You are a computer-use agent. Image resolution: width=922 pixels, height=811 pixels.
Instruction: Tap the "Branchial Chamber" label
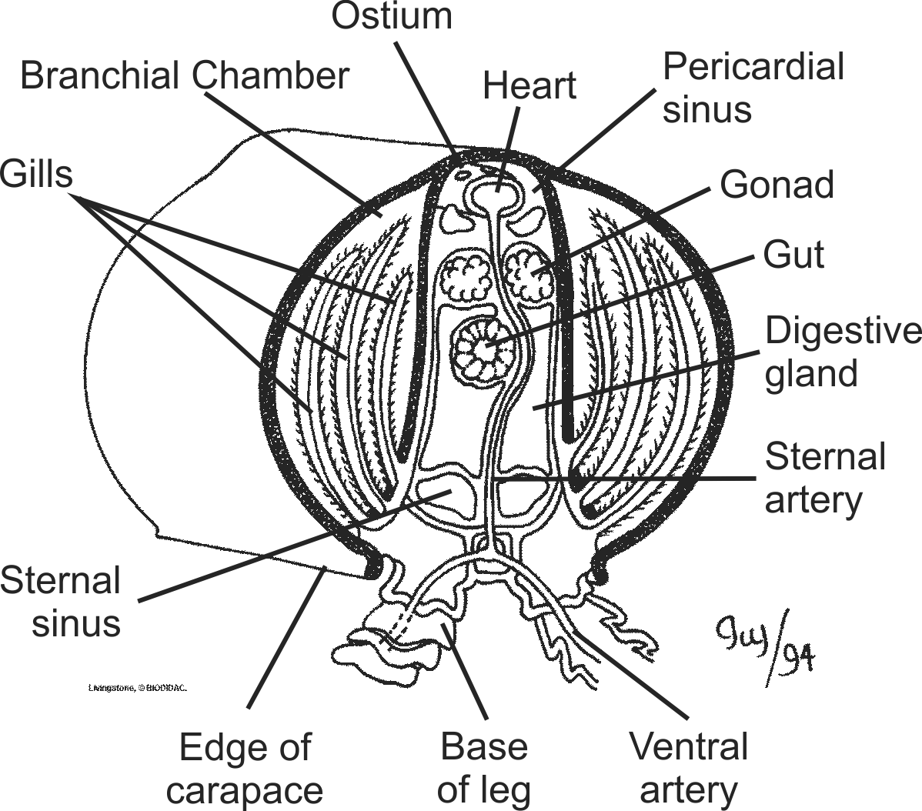[x=185, y=76]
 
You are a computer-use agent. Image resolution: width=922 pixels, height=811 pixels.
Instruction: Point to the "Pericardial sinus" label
[x=753, y=88]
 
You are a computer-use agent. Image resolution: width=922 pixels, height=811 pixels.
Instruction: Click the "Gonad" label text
[x=777, y=185]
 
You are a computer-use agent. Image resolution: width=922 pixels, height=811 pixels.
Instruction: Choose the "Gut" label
[x=793, y=254]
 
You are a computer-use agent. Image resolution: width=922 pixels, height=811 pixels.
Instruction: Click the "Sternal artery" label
[x=824, y=478]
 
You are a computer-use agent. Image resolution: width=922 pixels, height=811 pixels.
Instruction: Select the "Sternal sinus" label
[x=61, y=601]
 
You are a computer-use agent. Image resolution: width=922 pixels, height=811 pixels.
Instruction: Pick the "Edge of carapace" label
[x=245, y=768]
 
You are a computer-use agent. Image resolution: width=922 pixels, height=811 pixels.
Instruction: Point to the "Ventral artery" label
[x=688, y=768]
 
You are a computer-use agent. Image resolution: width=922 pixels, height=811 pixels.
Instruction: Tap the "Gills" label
[x=36, y=174]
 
